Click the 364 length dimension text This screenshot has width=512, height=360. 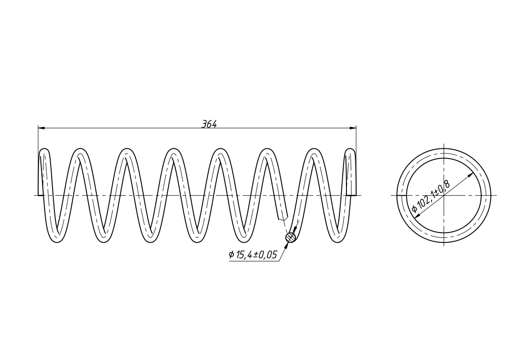(209, 124)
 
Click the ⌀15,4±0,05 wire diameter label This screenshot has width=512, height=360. (253, 255)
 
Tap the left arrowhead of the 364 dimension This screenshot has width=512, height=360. (41, 128)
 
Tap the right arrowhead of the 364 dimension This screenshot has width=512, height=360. (352, 128)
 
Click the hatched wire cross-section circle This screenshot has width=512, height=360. (291, 238)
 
